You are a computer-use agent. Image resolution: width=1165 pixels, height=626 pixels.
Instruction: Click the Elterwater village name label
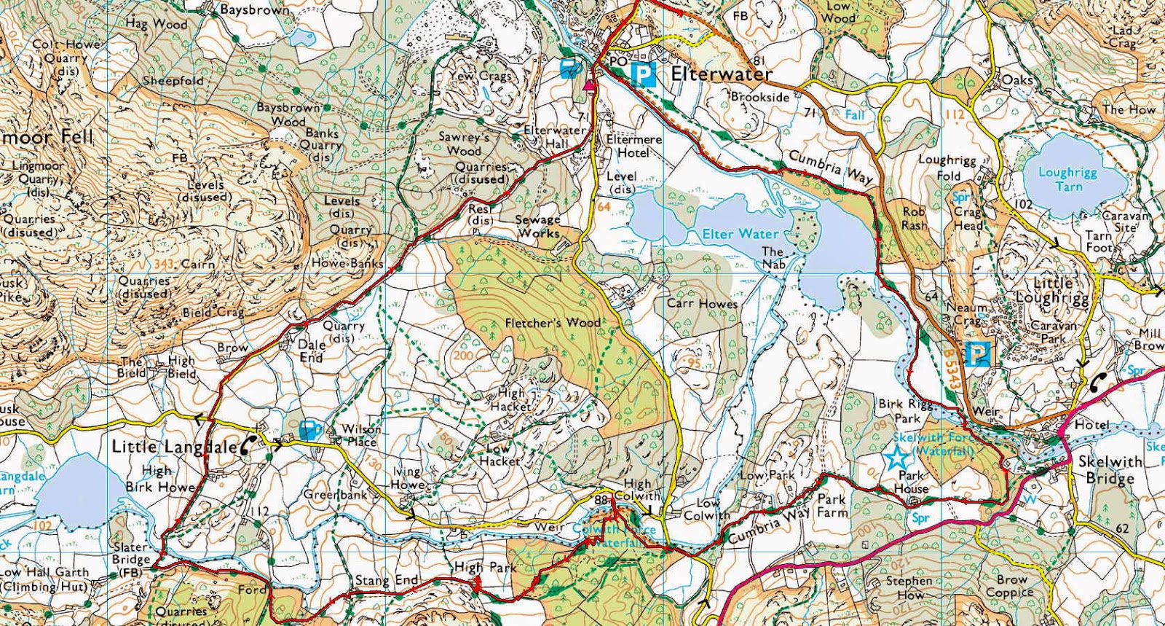pos(721,74)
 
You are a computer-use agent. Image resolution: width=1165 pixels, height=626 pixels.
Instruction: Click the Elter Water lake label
pos(740,234)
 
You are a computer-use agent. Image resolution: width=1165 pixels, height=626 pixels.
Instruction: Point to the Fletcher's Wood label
pos(553,322)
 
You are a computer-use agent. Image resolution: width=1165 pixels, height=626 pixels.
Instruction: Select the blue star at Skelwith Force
pos(896,458)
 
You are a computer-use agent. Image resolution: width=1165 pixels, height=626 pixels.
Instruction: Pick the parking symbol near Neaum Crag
pos(977,355)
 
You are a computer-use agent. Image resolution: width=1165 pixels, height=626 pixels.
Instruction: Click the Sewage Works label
pos(539,227)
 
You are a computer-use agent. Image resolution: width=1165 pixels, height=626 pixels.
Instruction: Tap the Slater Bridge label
pos(131,553)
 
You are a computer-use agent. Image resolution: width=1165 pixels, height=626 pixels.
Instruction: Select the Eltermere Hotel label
pos(633,146)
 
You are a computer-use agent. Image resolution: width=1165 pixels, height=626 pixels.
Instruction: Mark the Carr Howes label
pos(702,303)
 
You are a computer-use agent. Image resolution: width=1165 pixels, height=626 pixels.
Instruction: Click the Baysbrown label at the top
pos(253,9)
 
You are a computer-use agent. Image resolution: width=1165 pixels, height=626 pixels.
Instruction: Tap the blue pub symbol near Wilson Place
pos(309,429)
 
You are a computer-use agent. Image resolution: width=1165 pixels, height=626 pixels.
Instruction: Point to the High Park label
pos(485,566)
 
